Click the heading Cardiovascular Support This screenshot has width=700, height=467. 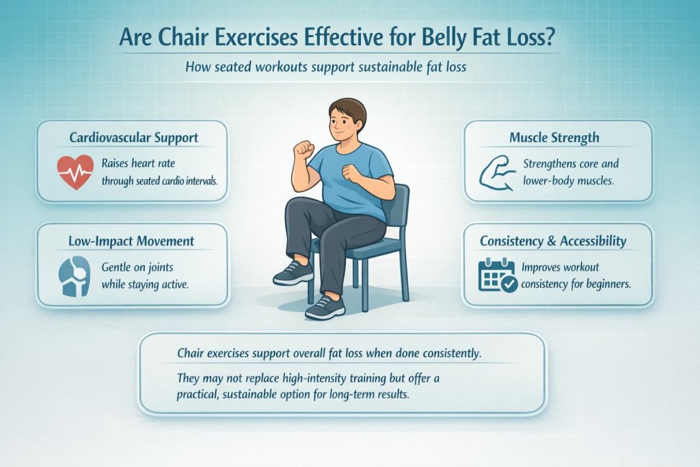[134, 137]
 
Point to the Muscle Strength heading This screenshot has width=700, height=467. [554, 137]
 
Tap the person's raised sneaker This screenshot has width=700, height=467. [293, 273]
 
